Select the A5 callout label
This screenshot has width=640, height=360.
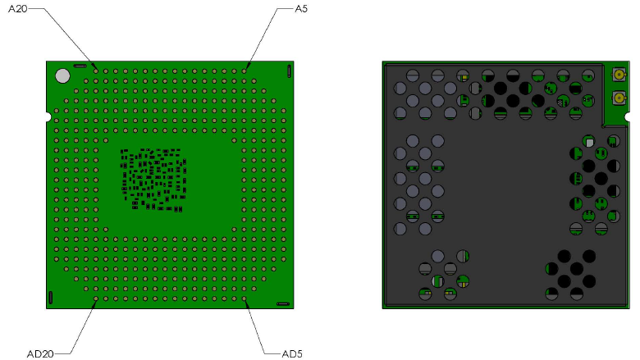pyautogui.click(x=301, y=10)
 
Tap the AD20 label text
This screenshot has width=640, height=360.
pyautogui.click(x=39, y=353)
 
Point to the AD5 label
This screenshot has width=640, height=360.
pyautogui.click(x=292, y=353)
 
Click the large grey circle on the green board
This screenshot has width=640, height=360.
pyautogui.click(x=62, y=75)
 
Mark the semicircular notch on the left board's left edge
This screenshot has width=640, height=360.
pyautogui.click(x=48, y=115)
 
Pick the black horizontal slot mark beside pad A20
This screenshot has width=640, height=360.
pyautogui.click(x=80, y=65)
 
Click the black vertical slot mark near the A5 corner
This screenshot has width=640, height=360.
pyautogui.click(x=290, y=72)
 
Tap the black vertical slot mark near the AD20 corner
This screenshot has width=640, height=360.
pyautogui.click(x=50, y=297)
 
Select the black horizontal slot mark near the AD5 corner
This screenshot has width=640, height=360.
pyautogui.click(x=283, y=303)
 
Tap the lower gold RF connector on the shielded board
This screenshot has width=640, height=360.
pyautogui.click(x=615, y=102)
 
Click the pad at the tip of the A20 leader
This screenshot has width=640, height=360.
pyautogui.click(x=96, y=71)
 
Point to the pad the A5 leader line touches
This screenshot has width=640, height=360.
pyautogui.click(x=245, y=71)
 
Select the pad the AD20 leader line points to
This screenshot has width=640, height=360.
pyautogui.click(x=96, y=299)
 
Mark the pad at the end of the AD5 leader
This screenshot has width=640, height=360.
pyautogui.click(x=245, y=299)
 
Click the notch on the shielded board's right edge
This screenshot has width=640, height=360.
pyautogui.click(x=629, y=121)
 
